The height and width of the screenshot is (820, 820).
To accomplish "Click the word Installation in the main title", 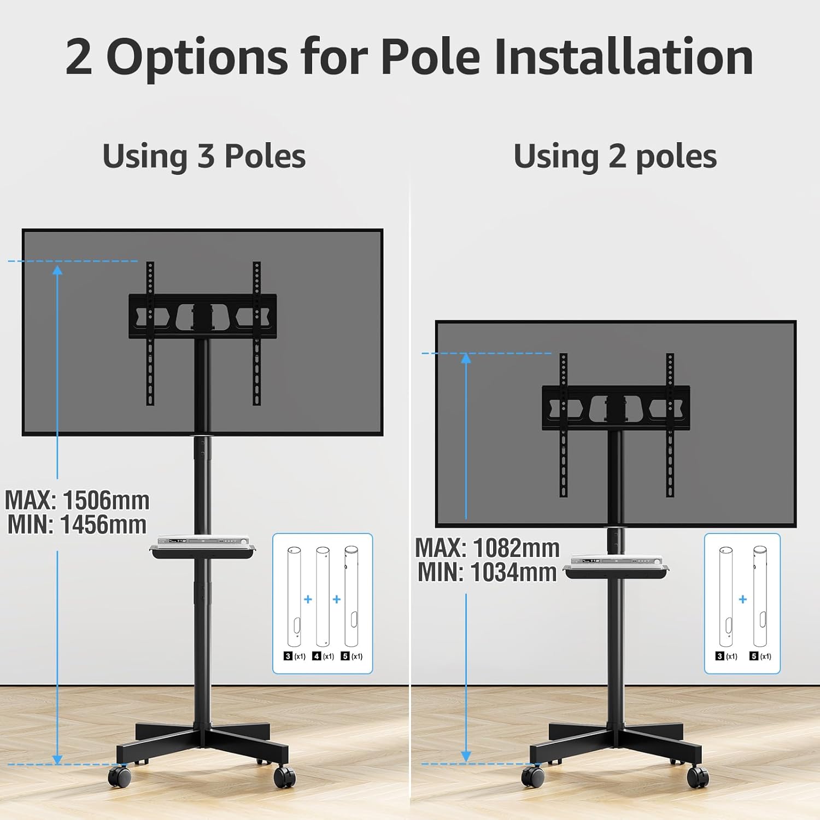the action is (x=624, y=56).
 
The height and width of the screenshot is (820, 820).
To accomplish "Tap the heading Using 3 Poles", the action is (x=204, y=156).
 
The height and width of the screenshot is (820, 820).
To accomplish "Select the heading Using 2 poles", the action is (x=615, y=156).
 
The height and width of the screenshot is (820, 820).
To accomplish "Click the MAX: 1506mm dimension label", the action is (x=77, y=500).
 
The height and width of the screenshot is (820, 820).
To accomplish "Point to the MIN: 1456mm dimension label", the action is (x=77, y=525).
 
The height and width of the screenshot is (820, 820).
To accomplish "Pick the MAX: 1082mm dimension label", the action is (x=488, y=548).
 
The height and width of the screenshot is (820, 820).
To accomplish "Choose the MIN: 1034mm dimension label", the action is (x=488, y=572).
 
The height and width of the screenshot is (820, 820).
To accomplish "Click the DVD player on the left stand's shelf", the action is (x=203, y=540).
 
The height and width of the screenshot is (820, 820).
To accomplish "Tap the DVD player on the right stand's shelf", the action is (x=617, y=560).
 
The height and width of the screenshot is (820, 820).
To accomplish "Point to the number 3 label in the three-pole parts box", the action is (x=288, y=656).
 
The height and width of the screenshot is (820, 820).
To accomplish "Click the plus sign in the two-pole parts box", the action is (x=742, y=600).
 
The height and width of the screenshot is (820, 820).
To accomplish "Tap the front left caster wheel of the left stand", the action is (x=119, y=776).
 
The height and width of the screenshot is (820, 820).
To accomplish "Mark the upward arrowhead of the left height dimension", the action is (x=57, y=270).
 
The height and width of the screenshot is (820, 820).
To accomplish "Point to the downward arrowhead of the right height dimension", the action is (x=466, y=756).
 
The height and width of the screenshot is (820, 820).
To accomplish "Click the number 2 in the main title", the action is (x=79, y=57).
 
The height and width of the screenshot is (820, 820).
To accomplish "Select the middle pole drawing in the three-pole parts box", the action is (x=323, y=596).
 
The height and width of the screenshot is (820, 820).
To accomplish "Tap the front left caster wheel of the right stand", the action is (x=532, y=776).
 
